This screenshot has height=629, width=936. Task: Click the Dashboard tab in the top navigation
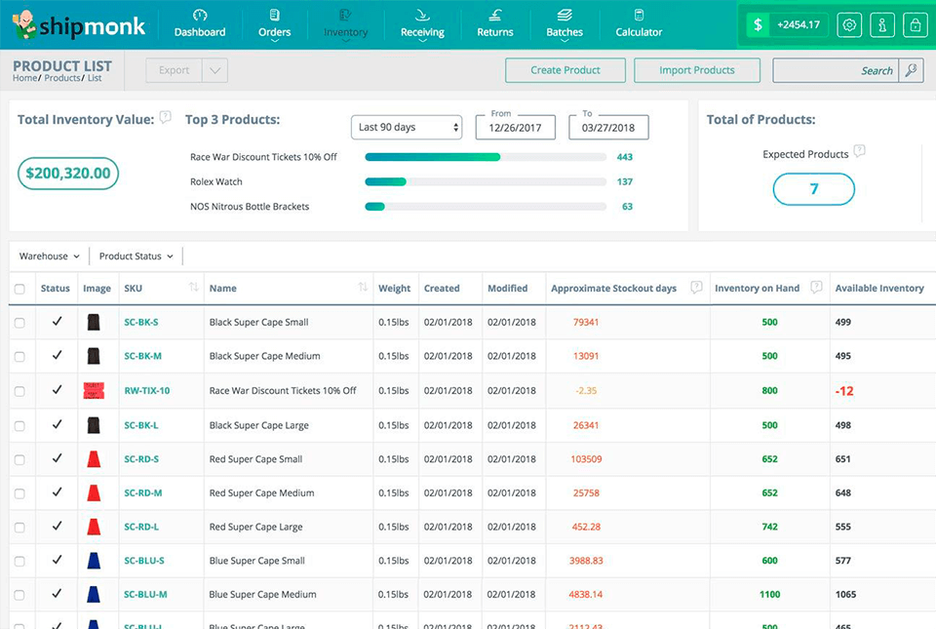coord(200,23)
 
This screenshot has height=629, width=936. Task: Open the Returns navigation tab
coord(494,23)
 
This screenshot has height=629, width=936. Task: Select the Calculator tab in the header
coord(639,23)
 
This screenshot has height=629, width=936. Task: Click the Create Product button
coord(565,70)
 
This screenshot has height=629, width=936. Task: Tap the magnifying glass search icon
coord(911,70)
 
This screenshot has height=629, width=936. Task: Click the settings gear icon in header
coord(849,25)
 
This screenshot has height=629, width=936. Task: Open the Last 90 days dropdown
coord(407,128)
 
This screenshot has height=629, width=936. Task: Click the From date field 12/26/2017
coord(516,128)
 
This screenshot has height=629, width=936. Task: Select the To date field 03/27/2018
coord(608,128)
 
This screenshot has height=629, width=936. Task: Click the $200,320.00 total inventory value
coord(68,174)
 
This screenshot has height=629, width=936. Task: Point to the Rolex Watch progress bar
coord(485,181)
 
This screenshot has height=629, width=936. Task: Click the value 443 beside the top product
coord(625,157)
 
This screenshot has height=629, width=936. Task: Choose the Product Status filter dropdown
coord(136,256)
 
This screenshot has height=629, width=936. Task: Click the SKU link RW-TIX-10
coord(147,391)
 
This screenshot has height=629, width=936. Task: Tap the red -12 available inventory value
coord(844,391)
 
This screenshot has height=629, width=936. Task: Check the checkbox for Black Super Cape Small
coord(19,323)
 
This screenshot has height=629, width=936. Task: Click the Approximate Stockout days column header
coord(613,289)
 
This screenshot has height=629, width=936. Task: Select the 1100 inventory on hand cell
coord(769,595)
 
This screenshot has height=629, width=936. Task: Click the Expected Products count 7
coord(814,189)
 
